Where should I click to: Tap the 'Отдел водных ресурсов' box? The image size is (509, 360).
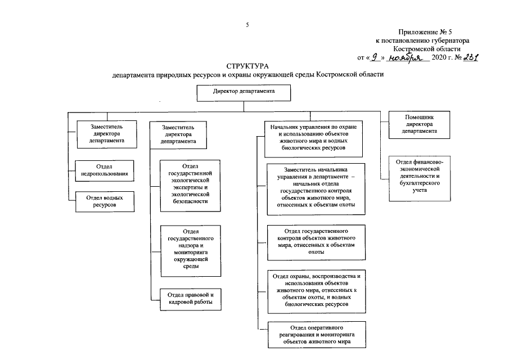(x=105, y=202)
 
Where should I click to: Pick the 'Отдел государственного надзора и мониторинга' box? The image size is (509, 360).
(x=190, y=249)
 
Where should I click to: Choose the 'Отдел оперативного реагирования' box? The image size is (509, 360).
(x=316, y=334)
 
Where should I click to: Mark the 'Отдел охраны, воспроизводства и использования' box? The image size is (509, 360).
(x=316, y=291)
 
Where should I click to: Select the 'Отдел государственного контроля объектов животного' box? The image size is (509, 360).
(x=316, y=241)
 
